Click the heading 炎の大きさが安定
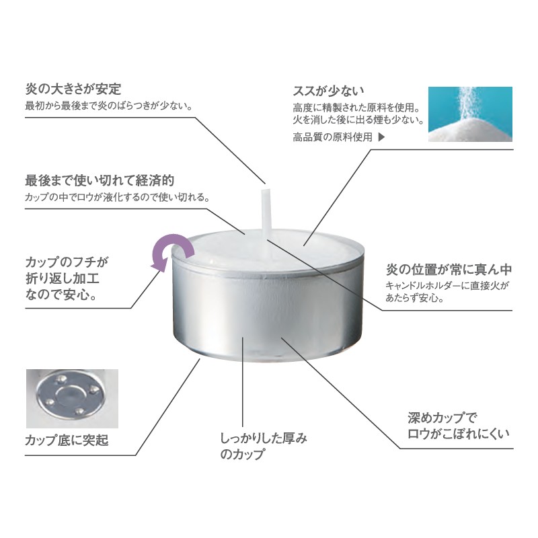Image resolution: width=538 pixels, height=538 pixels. click(x=73, y=89)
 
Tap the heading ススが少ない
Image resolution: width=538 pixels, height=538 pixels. click(x=328, y=91)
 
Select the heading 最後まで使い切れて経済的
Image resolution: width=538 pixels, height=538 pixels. click(x=100, y=180)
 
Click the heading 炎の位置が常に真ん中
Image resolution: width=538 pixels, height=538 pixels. click(x=449, y=270)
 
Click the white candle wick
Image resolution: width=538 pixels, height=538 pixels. click(x=266, y=213)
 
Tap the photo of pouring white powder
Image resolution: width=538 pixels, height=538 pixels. click(x=470, y=114)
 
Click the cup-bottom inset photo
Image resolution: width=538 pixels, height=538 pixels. click(x=72, y=399)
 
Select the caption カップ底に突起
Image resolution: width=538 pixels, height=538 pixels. click(x=67, y=440)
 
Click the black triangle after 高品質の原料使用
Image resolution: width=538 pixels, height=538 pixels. click(x=381, y=137)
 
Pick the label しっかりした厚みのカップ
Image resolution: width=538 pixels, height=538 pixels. click(x=264, y=446)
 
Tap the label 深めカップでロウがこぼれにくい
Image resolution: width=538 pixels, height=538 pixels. click(x=459, y=426)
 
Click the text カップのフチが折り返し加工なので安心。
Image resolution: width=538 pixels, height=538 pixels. click(x=67, y=278)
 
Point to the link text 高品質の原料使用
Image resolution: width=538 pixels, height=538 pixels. click(x=332, y=137)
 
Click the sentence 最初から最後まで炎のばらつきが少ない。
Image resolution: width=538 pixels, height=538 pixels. click(x=109, y=106)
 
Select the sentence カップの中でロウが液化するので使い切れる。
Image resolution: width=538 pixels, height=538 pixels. click(x=117, y=197)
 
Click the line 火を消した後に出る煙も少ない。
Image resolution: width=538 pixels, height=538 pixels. click(x=358, y=120)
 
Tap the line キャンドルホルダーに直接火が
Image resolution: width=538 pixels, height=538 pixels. click(x=447, y=285)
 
